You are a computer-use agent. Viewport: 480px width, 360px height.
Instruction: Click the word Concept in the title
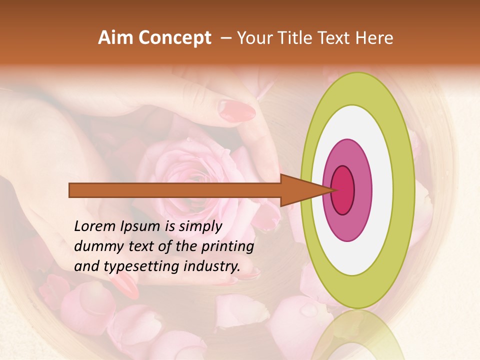(174, 38)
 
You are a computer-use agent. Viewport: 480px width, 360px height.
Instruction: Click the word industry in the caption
(210, 266)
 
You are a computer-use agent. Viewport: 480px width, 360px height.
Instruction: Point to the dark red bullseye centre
(343, 190)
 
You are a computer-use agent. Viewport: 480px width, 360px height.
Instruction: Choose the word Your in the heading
(253, 38)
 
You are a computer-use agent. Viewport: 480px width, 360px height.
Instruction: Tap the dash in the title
(226, 38)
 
